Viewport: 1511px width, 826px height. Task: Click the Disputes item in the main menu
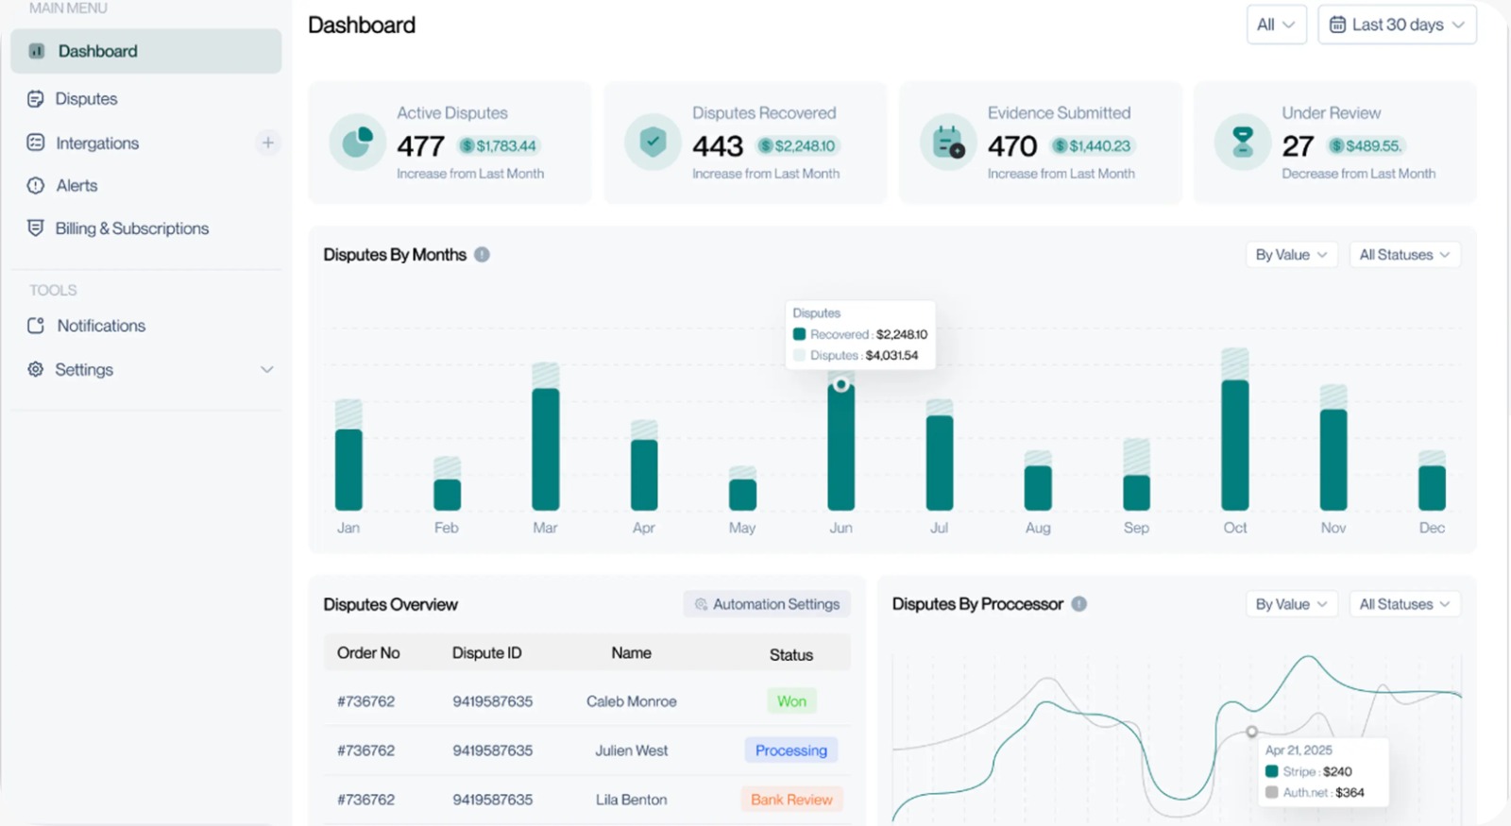click(x=85, y=99)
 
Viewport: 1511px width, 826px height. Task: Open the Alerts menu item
click(x=76, y=186)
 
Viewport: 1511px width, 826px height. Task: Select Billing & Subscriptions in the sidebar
click(x=131, y=228)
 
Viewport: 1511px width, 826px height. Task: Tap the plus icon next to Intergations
click(x=268, y=143)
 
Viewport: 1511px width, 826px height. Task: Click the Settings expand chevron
click(x=267, y=370)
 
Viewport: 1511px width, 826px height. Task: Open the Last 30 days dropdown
click(x=1397, y=25)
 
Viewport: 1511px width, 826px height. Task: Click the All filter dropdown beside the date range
click(x=1276, y=25)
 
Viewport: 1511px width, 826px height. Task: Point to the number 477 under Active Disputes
click(x=420, y=146)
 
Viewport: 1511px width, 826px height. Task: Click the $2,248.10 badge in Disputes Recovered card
click(x=799, y=146)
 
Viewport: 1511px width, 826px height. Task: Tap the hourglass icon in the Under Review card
click(x=1243, y=142)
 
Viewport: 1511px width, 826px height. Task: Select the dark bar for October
click(x=1234, y=445)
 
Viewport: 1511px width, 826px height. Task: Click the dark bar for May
click(x=742, y=495)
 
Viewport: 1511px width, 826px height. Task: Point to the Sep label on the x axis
click(x=1136, y=528)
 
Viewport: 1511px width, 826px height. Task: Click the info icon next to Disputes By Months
click(x=482, y=255)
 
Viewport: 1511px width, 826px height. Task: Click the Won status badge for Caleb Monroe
click(x=791, y=701)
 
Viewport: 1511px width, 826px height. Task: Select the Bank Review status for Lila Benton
click(x=791, y=800)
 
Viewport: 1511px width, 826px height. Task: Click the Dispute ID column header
click(x=486, y=653)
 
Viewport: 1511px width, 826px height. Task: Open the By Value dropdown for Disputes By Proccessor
click(x=1291, y=604)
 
